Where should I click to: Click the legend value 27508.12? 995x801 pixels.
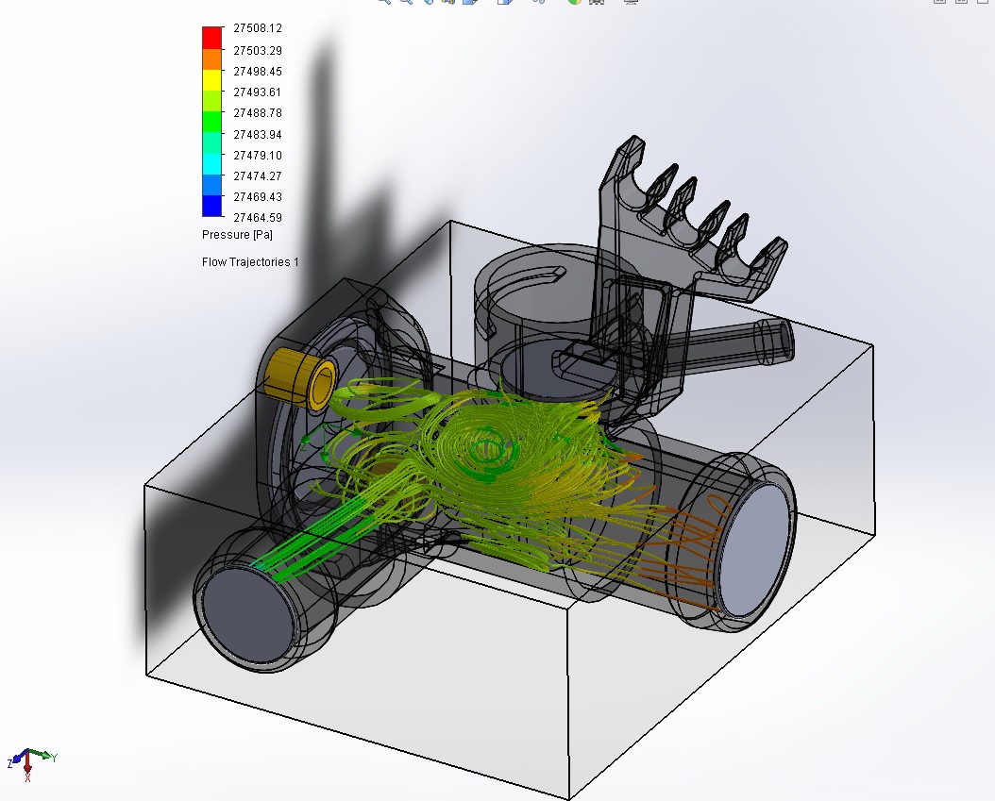[258, 28]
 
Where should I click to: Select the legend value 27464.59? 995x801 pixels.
[258, 218]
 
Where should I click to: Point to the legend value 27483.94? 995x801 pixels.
[258, 135]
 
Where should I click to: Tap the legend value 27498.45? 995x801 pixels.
[258, 72]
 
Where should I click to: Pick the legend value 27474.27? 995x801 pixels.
[258, 176]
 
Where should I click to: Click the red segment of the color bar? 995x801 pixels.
[212, 38]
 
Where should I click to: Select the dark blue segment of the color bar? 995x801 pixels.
[212, 206]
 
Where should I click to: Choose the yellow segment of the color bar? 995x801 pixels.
[212, 80]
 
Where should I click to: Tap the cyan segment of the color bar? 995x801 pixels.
[212, 164]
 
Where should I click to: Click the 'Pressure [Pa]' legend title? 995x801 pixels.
[237, 235]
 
